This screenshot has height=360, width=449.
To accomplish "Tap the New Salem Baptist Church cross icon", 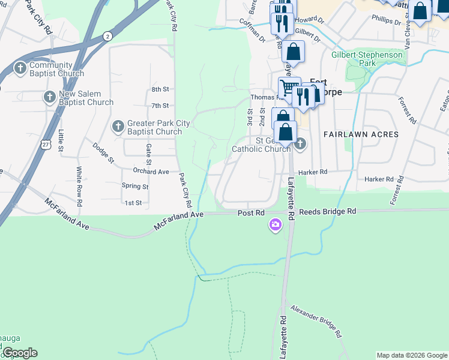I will (50, 96).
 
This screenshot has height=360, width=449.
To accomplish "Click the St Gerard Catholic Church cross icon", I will (300, 143).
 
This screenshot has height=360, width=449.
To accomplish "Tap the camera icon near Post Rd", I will (276, 225).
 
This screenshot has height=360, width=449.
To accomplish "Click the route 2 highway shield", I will (107, 36).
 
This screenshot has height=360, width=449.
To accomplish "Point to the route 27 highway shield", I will (46, 145).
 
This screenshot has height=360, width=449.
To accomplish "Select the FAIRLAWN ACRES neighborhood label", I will (361, 134).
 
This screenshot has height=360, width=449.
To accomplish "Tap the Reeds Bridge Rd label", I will (327, 212).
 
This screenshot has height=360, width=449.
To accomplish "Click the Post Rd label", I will (251, 213).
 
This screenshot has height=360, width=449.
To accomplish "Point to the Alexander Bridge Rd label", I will (316, 322).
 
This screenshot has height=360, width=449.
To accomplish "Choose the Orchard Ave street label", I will (151, 172).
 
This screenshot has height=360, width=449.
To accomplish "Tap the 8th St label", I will (160, 89).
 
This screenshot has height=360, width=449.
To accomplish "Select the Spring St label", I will (134, 187).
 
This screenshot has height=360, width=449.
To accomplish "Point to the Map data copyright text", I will (411, 355).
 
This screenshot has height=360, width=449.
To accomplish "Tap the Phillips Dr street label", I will (386, 21).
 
